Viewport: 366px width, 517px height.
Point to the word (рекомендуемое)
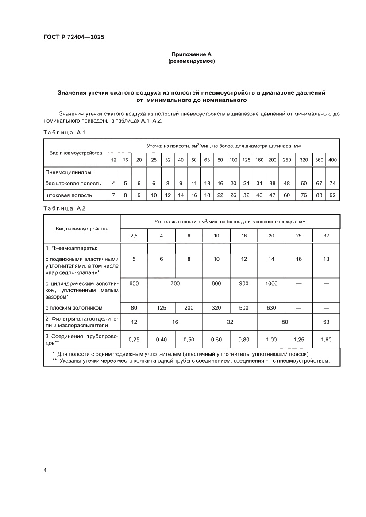tap(191, 61)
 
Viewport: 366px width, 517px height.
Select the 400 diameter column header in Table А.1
tap(332, 160)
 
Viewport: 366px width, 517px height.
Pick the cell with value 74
tap(332, 183)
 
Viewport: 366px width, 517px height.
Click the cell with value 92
tap(332, 195)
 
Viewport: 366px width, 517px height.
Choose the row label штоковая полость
tap(69, 195)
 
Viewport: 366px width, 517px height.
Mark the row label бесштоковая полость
tap(73, 183)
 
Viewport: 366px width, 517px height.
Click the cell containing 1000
tap(271, 283)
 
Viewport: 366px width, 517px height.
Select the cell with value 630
tap(271, 308)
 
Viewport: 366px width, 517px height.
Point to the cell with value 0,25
tap(134, 340)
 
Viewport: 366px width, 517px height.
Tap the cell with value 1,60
tap(326, 340)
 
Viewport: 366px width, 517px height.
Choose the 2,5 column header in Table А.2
tap(134, 236)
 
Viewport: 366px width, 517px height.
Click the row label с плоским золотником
tap(74, 308)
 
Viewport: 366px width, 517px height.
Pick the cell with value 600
tap(134, 283)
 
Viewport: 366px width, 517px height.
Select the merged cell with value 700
tap(175, 283)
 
